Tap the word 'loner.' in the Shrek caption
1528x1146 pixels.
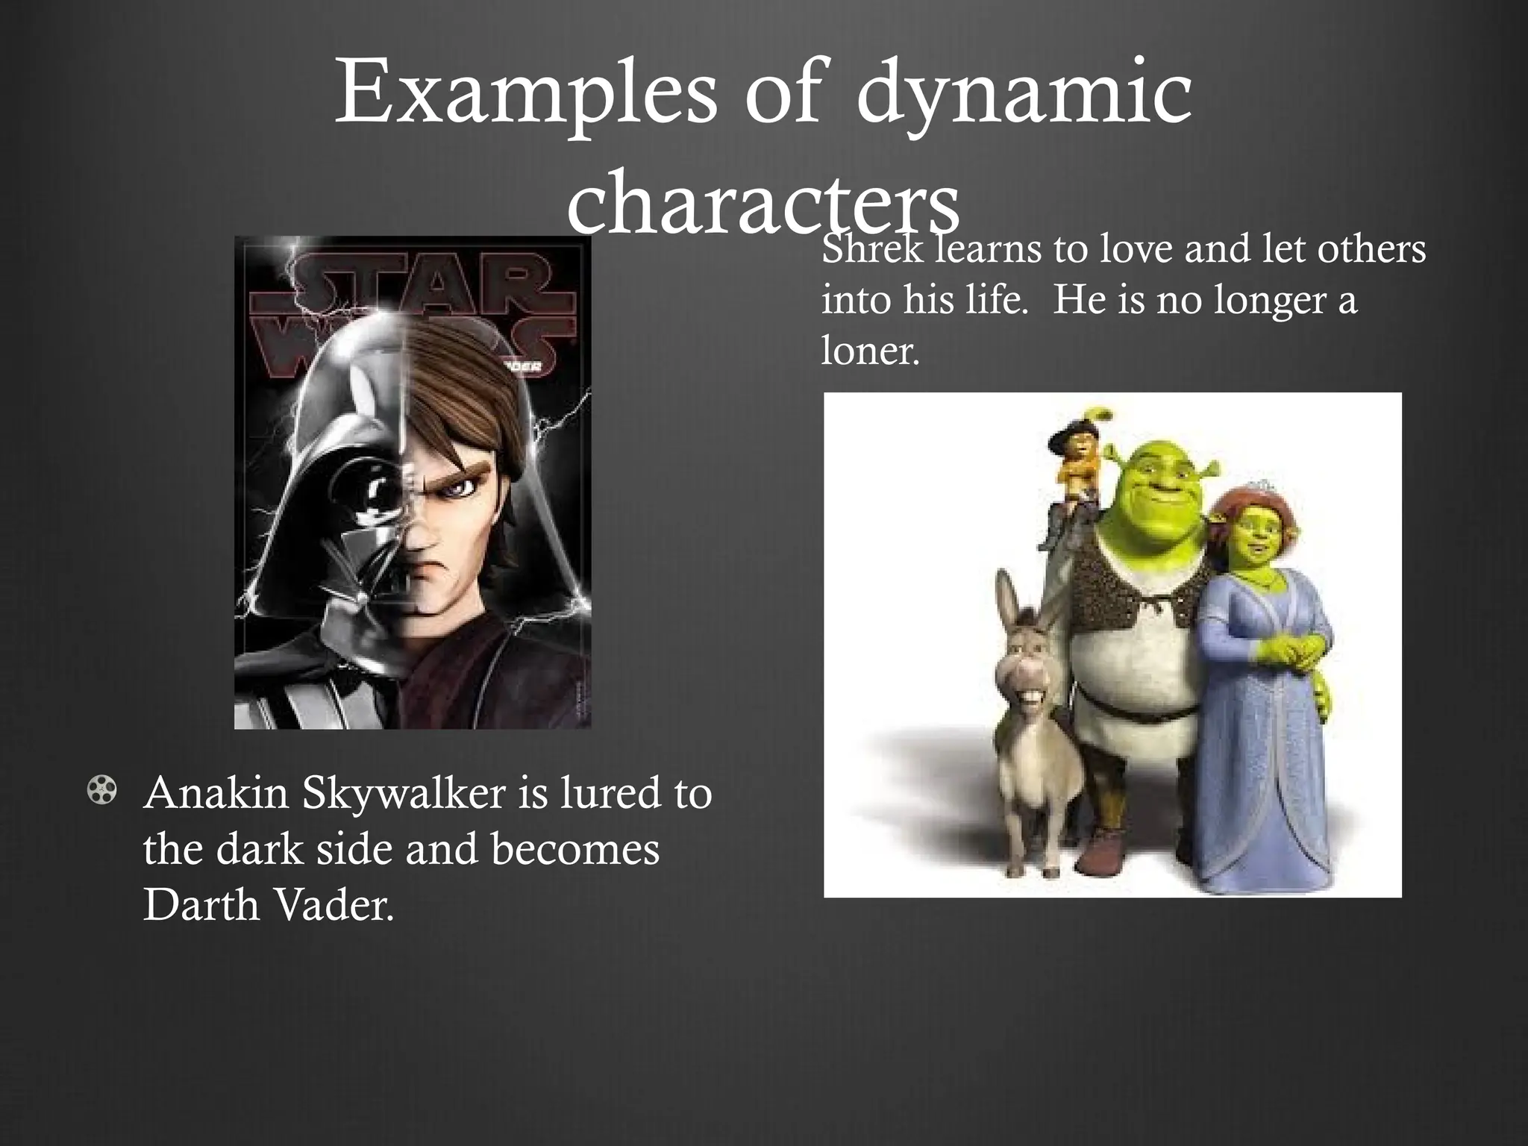pyautogui.click(x=870, y=348)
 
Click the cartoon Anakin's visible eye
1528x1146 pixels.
pyautogui.click(x=461, y=487)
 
